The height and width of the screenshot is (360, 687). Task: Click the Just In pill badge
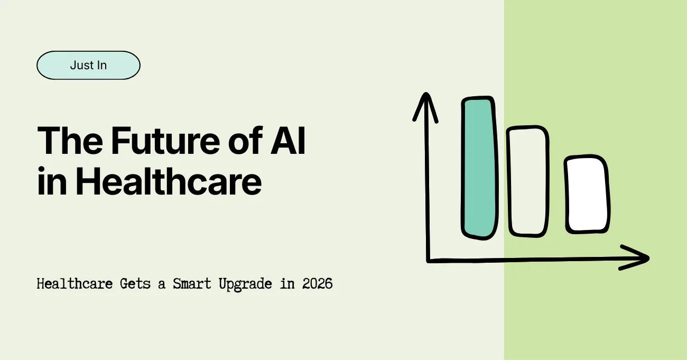point(88,66)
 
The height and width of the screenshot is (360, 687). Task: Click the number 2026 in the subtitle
point(317,284)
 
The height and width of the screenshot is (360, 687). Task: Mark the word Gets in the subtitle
point(135,284)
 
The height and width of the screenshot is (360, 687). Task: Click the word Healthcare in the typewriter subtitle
point(75,284)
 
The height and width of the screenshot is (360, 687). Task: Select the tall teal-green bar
point(479,167)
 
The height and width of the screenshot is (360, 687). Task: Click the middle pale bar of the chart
point(527,181)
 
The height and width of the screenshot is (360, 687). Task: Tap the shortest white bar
point(586,195)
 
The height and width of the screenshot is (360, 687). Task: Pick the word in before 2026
point(287,284)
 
